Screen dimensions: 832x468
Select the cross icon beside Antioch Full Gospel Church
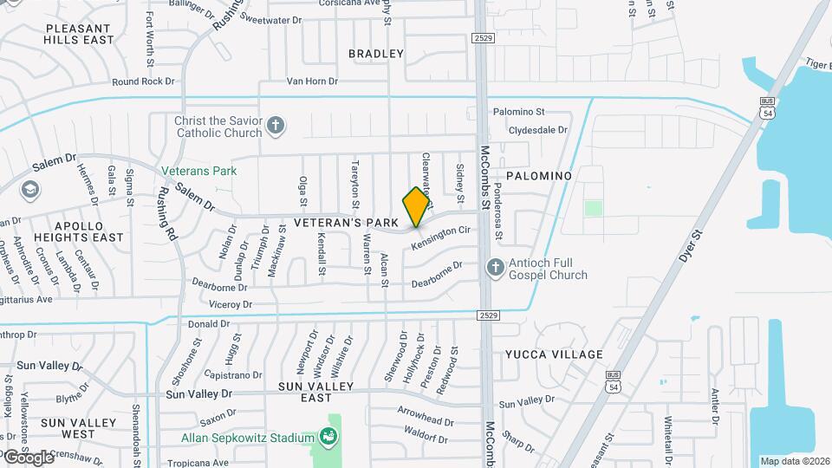point(495,268)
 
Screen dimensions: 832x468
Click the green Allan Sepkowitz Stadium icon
point(329,435)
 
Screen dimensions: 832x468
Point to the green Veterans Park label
point(198,171)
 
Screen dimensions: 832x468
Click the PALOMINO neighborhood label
point(538,176)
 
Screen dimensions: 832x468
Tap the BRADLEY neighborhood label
point(376,54)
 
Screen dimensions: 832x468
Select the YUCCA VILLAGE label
point(554,354)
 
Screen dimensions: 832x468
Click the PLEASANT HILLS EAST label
point(80,34)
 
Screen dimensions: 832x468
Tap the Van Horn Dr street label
point(312,81)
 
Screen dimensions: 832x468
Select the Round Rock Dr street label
point(143,81)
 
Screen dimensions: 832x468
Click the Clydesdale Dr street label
point(537,130)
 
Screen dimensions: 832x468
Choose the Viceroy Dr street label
point(231,305)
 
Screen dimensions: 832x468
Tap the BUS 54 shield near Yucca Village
point(614,380)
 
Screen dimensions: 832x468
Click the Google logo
point(29,457)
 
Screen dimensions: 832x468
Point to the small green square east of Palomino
point(593,208)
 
